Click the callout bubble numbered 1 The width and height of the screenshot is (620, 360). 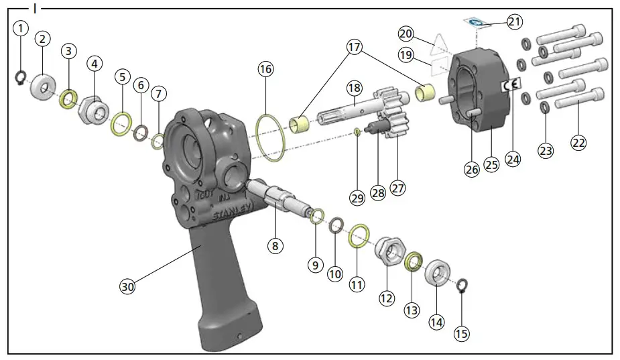click(x=21, y=28)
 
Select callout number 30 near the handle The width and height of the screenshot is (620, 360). click(x=127, y=286)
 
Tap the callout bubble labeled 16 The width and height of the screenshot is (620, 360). click(x=267, y=70)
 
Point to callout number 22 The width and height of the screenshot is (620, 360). click(x=578, y=142)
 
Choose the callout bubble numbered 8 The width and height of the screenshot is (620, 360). click(x=274, y=245)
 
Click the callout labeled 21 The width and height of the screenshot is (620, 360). click(x=514, y=22)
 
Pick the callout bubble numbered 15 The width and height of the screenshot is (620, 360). click(x=462, y=333)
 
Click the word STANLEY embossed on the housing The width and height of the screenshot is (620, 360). click(x=232, y=213)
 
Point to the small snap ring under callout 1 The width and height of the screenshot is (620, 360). click(x=21, y=78)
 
